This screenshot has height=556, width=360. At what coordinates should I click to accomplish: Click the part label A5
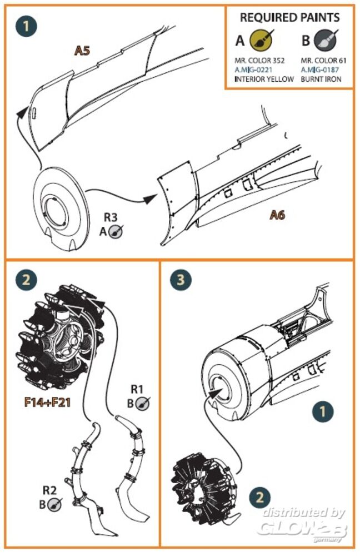pos(83,52)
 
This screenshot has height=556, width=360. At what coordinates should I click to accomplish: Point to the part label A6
pos(277,215)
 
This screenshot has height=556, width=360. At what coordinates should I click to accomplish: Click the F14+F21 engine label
pos(47,401)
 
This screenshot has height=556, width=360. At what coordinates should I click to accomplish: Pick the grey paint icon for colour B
pos(327,41)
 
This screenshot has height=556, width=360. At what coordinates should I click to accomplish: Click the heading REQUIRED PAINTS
pos(289,18)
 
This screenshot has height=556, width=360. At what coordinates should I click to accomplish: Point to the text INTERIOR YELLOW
pos(264,80)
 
